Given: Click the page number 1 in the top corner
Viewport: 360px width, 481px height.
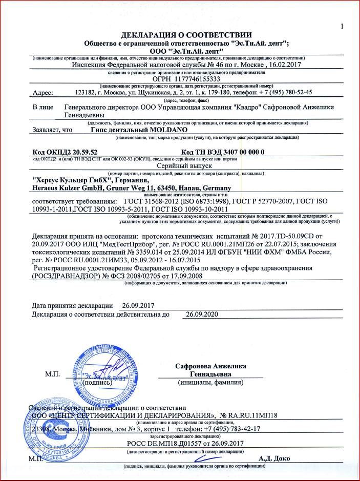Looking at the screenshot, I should pyautogui.click(x=342, y=27).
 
